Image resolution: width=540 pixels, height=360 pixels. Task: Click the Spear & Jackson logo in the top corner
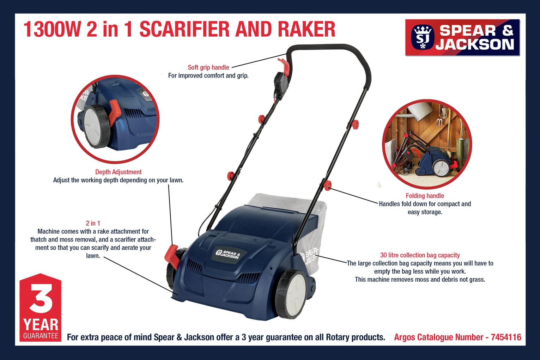[x=462, y=37]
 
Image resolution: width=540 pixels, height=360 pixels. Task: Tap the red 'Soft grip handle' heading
[x=208, y=67]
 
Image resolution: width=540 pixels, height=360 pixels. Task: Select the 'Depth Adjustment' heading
[x=118, y=172]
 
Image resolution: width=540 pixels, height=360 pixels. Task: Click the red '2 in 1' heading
[x=93, y=223]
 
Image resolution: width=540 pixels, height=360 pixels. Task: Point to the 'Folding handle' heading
[x=425, y=196]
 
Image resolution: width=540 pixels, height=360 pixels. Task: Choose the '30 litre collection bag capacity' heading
[x=420, y=255]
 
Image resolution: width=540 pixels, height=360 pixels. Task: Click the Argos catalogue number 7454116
[x=506, y=337]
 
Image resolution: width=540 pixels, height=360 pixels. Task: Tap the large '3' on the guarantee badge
[x=41, y=299]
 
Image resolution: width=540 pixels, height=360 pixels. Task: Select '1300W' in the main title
[x=52, y=29]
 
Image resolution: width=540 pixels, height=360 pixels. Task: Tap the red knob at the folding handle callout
[x=328, y=185]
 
